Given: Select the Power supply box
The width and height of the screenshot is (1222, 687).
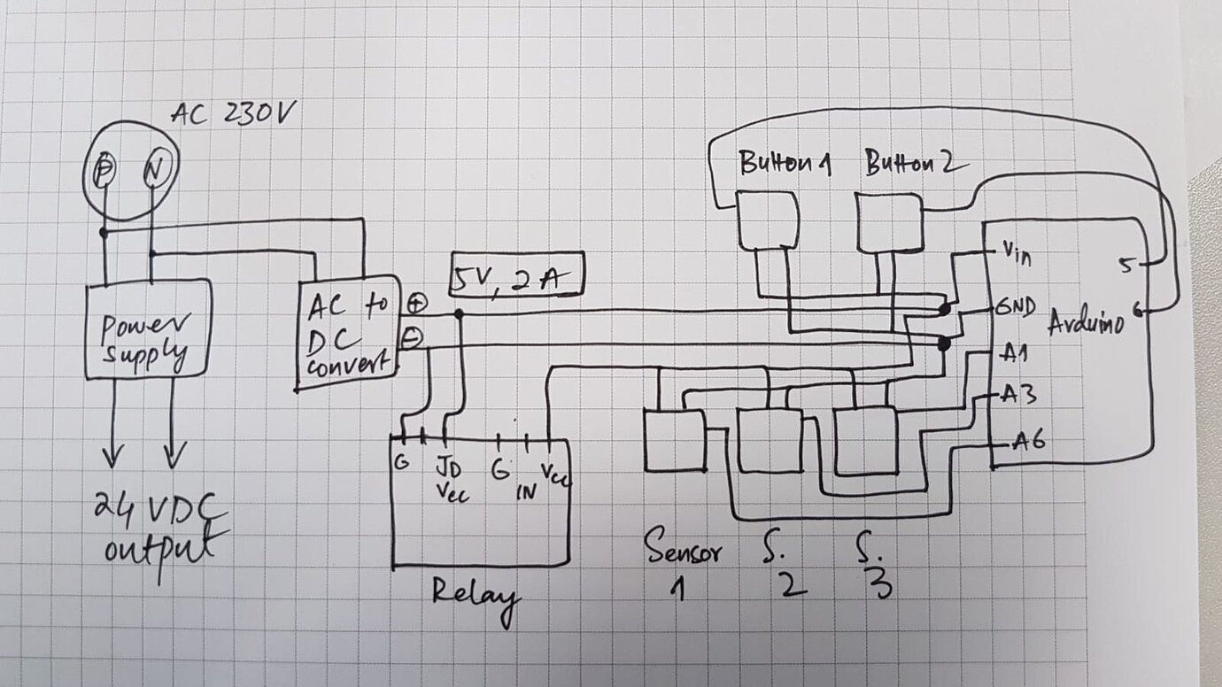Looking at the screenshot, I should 148,328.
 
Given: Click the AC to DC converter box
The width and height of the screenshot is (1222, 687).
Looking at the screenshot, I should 347,332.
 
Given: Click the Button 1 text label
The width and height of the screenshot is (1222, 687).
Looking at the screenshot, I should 784,165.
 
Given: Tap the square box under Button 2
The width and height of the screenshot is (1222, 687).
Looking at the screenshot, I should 889,222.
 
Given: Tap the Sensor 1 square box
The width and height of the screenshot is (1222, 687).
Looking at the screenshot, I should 674,441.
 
